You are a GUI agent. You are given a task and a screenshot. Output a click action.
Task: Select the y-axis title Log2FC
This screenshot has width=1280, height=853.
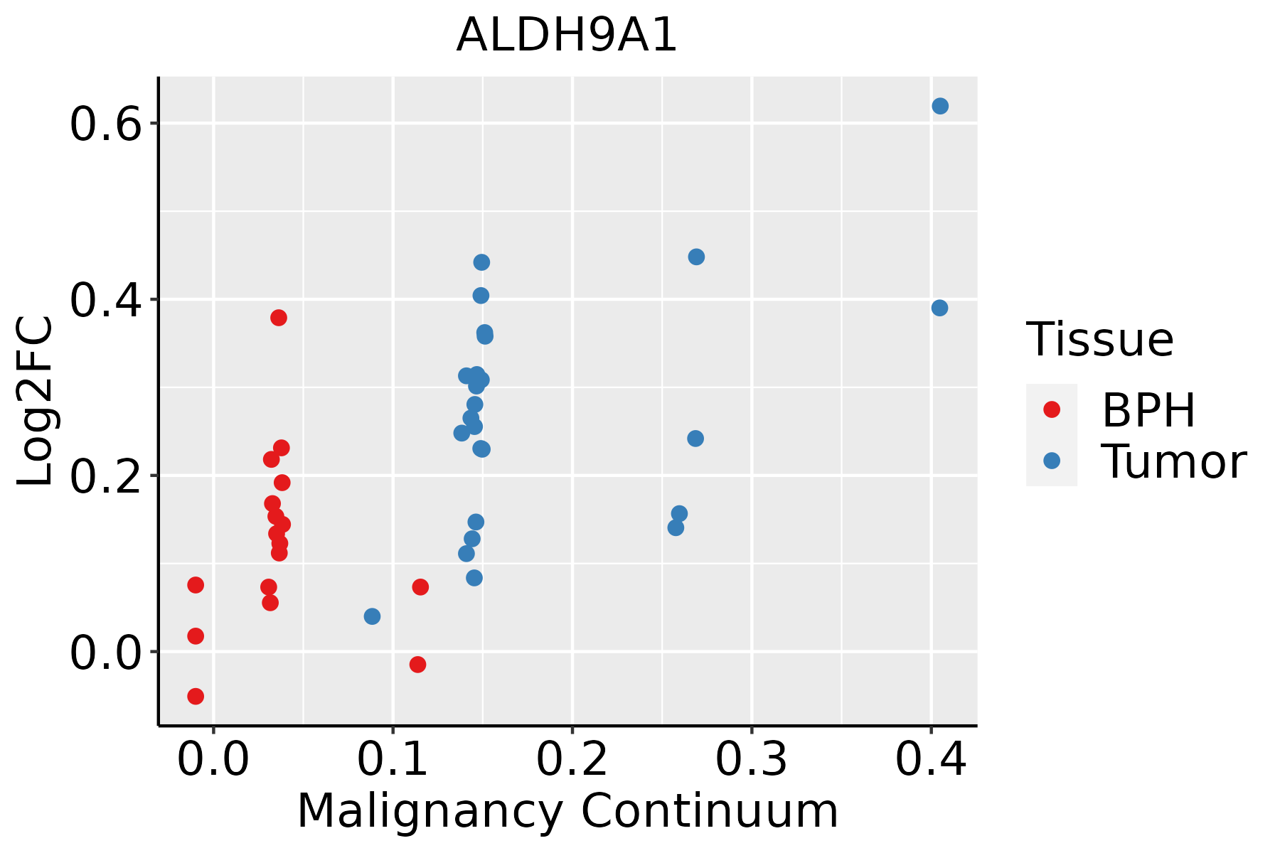pyautogui.click(x=36, y=401)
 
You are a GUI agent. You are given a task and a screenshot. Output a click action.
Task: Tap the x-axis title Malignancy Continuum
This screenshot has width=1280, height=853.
pyautogui.click(x=567, y=811)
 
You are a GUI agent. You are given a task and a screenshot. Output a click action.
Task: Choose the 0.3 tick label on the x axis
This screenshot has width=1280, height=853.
pyautogui.click(x=751, y=759)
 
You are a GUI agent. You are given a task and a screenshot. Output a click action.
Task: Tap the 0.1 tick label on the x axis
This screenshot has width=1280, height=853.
pyautogui.click(x=393, y=759)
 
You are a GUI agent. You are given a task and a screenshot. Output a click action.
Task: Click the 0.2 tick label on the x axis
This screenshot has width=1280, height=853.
pyautogui.click(x=572, y=759)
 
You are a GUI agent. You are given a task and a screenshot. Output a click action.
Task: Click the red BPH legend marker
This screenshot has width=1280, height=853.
pyautogui.click(x=1051, y=409)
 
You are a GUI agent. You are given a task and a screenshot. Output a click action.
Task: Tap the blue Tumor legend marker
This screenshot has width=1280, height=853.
pyautogui.click(x=1051, y=461)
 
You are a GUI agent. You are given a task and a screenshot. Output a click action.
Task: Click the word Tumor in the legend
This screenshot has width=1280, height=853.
pyautogui.click(x=1173, y=462)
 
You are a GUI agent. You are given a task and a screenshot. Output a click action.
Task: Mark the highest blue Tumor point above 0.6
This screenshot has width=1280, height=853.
pyautogui.click(x=940, y=106)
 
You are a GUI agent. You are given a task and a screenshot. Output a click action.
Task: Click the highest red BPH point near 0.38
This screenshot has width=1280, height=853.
pyautogui.click(x=279, y=318)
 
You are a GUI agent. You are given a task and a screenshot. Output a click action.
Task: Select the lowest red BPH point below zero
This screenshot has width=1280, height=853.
pyautogui.click(x=196, y=696)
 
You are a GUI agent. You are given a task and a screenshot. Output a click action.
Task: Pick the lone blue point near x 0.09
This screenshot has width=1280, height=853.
pyautogui.click(x=372, y=616)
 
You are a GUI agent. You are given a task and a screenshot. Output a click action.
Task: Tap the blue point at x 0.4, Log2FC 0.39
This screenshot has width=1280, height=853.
pyautogui.click(x=939, y=308)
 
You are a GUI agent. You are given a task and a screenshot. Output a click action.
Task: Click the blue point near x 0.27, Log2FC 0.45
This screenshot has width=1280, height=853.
pyautogui.click(x=696, y=257)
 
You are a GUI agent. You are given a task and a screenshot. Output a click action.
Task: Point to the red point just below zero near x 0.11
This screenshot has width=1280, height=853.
pyautogui.click(x=417, y=665)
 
